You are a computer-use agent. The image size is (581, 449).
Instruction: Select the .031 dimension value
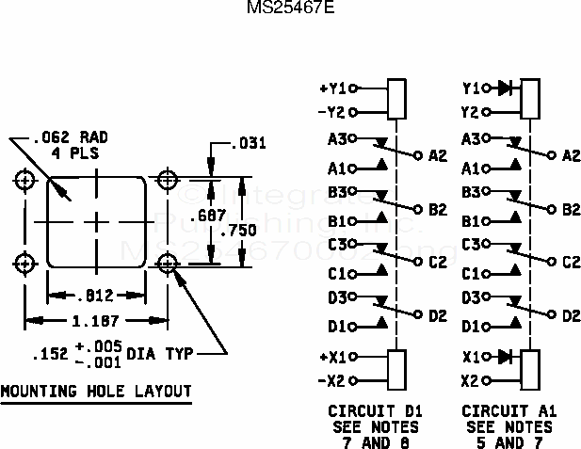click(249, 144)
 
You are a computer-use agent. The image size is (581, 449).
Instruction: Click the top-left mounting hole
click(25, 179)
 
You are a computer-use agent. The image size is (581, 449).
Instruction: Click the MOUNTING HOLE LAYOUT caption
click(95, 392)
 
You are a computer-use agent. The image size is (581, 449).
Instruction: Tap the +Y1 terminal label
click(333, 89)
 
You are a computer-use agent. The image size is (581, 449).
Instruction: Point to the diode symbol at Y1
click(505, 88)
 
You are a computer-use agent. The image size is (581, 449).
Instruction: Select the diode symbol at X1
click(505, 358)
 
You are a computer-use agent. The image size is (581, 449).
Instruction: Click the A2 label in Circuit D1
click(437, 155)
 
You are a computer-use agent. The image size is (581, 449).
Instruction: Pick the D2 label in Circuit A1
click(571, 315)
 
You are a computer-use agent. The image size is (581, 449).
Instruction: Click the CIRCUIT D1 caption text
click(375, 412)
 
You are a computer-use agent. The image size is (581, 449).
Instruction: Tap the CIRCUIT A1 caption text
click(508, 412)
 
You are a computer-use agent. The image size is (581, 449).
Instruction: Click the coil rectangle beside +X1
click(396, 367)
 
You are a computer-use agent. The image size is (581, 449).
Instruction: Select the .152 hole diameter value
click(48, 355)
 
